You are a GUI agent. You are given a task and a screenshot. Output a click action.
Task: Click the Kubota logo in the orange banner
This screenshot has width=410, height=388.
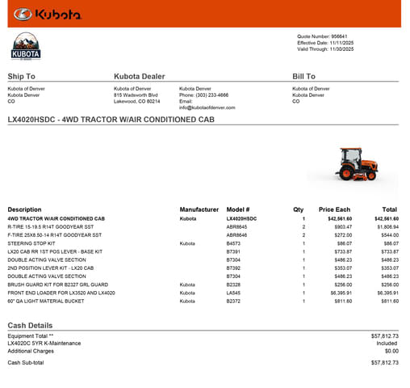pos(47,14)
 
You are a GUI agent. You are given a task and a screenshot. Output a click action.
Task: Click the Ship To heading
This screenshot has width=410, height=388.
pos(21,77)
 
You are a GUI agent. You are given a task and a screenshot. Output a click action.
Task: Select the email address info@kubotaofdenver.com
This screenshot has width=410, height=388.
pos(207,108)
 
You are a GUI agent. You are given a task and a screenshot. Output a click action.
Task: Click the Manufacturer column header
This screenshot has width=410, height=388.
pos(199,209)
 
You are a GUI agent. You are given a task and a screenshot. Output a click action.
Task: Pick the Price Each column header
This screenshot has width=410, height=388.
pos(334,209)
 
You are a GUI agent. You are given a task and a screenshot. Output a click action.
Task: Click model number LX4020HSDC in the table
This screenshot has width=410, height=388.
pos(241,218)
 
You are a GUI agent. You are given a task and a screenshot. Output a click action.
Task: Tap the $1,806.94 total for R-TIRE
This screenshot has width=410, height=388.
pos(384,227)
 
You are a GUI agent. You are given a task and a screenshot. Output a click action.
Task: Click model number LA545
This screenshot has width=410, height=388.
pos(233,293)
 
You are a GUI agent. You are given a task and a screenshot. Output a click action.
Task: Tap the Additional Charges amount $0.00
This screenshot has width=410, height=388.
pos(391,351)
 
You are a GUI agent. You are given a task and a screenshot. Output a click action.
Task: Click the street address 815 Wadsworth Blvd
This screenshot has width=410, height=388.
pos(135,95)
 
